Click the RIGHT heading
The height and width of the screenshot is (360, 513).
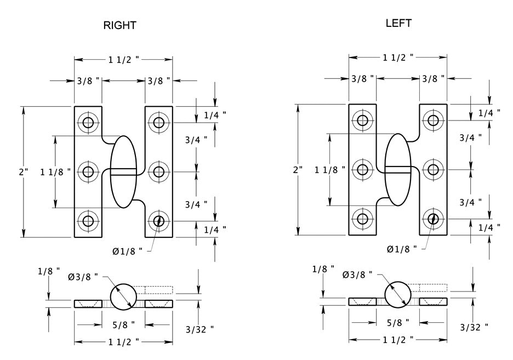coord(120,25)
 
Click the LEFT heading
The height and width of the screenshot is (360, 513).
coord(398,23)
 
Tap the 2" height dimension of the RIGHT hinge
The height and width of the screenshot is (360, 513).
coord(24,172)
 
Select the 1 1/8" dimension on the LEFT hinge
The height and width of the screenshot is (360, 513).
coord(330,169)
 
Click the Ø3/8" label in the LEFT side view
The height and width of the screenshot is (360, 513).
coord(357,274)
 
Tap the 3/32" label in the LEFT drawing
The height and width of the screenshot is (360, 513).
coord(474,328)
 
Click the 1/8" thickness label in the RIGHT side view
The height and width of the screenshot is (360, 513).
coord(49,271)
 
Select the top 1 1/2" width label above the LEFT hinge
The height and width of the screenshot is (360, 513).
coord(398,56)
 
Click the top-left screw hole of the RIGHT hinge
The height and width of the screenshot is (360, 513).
coord(88,122)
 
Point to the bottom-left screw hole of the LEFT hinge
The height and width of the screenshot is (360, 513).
coord(362,219)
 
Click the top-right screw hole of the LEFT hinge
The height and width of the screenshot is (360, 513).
coord(433,120)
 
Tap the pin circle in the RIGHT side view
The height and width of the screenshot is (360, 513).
coord(123,296)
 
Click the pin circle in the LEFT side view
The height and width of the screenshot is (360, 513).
coord(398,294)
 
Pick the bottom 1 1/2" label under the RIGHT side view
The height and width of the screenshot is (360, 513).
coord(123,341)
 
